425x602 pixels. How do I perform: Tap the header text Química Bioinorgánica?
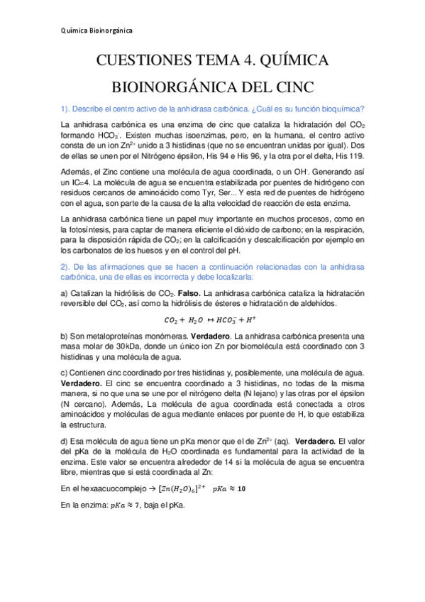(x=96, y=31)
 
